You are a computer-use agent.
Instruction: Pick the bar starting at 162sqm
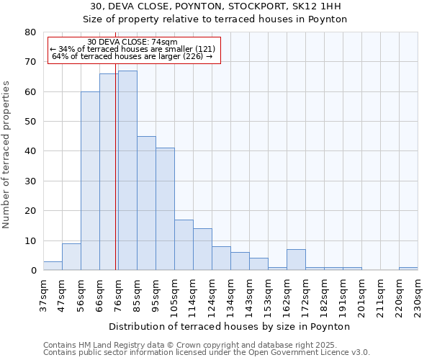point(296,260)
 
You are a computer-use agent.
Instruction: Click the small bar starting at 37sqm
point(53,266)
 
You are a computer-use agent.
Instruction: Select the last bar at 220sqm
point(408,269)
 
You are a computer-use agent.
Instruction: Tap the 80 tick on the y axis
point(30,32)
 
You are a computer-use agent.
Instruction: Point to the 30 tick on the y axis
point(30,181)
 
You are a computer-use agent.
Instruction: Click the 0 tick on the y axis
point(32,271)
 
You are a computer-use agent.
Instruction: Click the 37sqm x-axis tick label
point(44,294)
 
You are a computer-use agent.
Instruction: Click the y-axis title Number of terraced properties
point(6,154)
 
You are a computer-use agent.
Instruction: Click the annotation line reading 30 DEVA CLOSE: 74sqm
point(132,42)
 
